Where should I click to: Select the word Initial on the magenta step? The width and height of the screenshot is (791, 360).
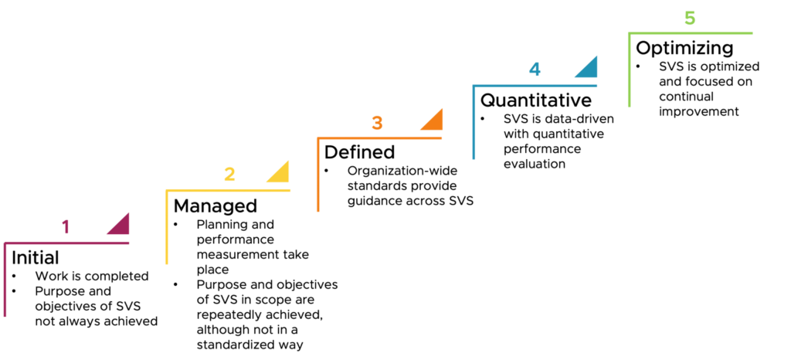tap(35, 256)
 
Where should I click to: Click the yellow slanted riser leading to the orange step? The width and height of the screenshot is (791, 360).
tap(290, 173)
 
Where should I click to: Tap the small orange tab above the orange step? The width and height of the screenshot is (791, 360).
tap(392, 123)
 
